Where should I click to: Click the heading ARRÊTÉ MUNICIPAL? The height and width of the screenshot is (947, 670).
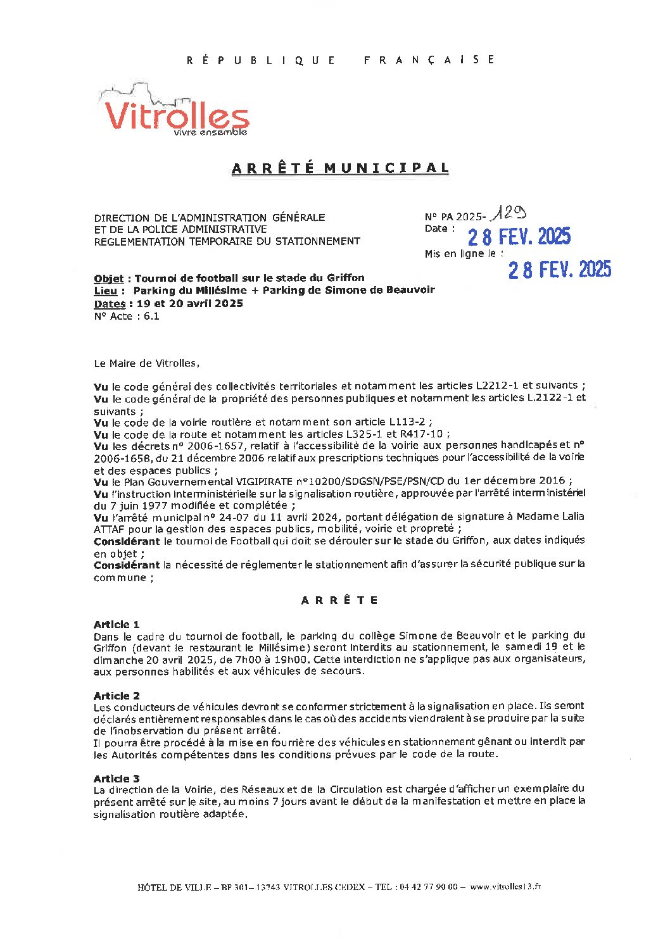pos(341,168)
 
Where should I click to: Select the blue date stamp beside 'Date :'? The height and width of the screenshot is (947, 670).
pos(519,237)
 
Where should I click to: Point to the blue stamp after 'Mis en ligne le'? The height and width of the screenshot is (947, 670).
pos(560,270)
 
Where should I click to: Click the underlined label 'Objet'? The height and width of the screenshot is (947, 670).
pos(108,278)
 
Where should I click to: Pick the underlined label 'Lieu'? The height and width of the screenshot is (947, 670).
pos(105,291)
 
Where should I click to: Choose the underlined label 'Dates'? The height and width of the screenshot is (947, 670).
pos(109,304)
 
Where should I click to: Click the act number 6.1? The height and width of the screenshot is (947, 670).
pos(151,317)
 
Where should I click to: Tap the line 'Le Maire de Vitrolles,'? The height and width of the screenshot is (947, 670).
pos(146,363)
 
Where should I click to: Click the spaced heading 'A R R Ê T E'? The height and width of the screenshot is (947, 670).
pos(339,600)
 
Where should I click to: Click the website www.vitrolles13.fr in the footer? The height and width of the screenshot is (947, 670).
pos(505,887)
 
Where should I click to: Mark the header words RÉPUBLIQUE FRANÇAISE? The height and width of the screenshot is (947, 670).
pos(341,60)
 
